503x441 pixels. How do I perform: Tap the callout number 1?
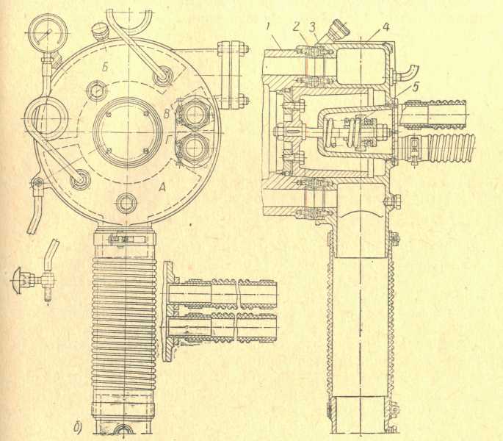point(271,28)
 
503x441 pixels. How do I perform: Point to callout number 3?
point(314,27)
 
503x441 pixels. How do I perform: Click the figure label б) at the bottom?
point(78,425)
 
